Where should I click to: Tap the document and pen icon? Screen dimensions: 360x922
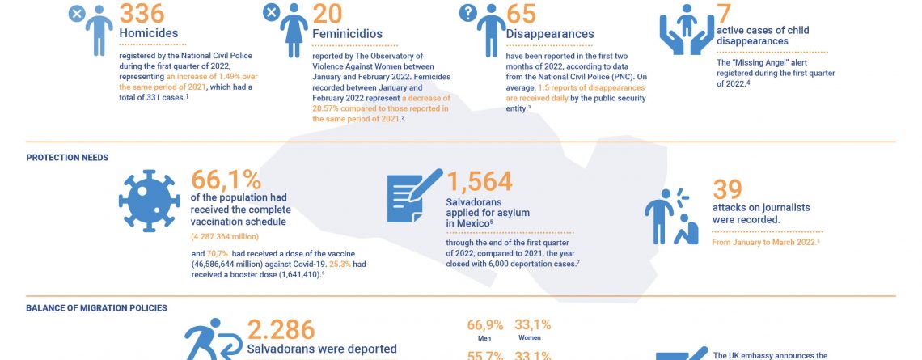[x=415, y=198]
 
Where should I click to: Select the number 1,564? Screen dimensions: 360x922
[x=479, y=180]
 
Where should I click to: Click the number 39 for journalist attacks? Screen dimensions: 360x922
[x=728, y=188]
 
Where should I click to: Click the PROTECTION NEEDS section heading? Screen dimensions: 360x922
[x=67, y=158]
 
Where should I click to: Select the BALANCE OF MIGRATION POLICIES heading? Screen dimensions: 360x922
[x=96, y=308]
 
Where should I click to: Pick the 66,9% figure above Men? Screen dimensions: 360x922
[x=484, y=326]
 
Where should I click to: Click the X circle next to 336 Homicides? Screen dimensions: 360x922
[x=76, y=14]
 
